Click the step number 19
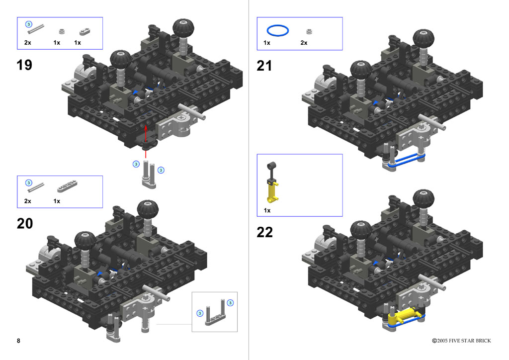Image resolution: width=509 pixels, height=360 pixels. tap(24, 65)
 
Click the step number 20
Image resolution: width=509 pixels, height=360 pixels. tap(25, 224)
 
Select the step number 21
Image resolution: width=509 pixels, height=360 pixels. tap(264, 66)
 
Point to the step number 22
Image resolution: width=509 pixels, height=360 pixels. tap(264, 232)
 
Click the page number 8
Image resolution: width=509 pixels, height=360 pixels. tap(18, 341)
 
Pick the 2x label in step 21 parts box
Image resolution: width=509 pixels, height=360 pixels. tap(304, 43)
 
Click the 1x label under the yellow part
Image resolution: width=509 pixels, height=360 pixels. tap(267, 211)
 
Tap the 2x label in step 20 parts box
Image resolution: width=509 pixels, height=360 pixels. tap(28, 201)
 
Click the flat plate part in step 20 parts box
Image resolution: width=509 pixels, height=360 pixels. tap(67, 186)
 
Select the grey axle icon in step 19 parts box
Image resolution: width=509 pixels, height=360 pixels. tap(36, 29)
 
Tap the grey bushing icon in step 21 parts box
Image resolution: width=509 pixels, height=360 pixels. tap(309, 31)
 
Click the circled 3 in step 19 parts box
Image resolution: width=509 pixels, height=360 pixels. tap(28, 24)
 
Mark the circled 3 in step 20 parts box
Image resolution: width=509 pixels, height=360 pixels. tap(28, 183)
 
